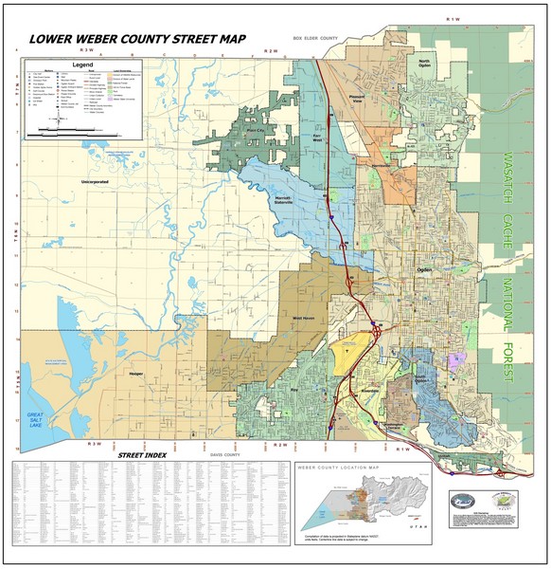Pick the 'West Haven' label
point(302,318)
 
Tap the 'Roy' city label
point(294,388)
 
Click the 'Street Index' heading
point(142,456)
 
